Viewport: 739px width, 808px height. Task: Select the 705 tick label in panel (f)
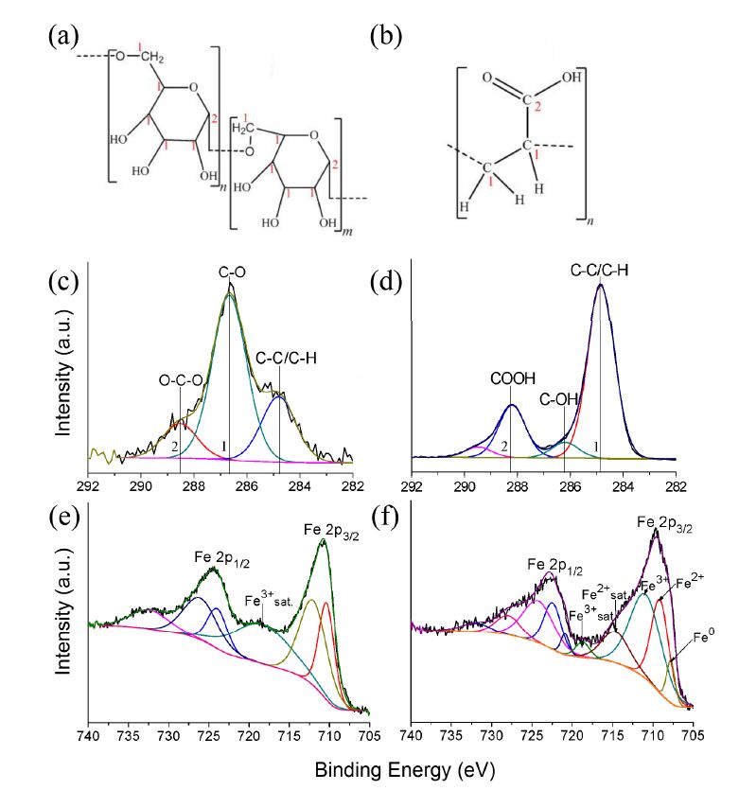(x=694, y=733)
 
